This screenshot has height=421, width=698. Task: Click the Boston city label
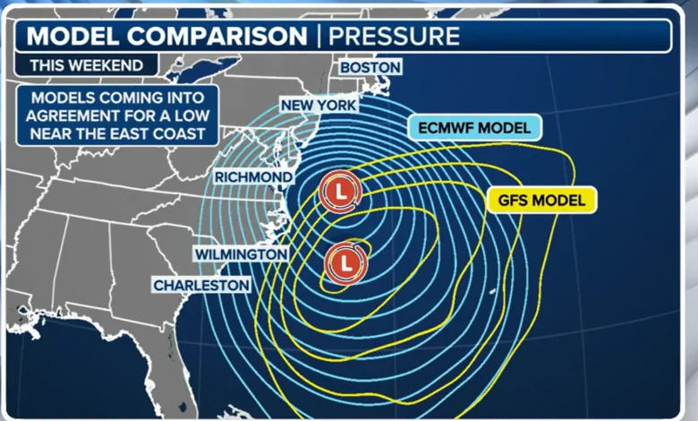coord(369,67)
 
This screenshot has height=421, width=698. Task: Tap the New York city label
coord(319,106)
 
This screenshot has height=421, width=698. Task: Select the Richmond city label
coord(253,177)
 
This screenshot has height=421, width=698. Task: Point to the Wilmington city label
coord(241,255)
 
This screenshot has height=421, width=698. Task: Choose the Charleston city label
coord(201,285)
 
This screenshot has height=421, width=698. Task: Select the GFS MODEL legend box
coord(541,200)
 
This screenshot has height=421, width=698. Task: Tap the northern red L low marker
coord(340,192)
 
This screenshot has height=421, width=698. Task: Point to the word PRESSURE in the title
coord(394,36)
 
